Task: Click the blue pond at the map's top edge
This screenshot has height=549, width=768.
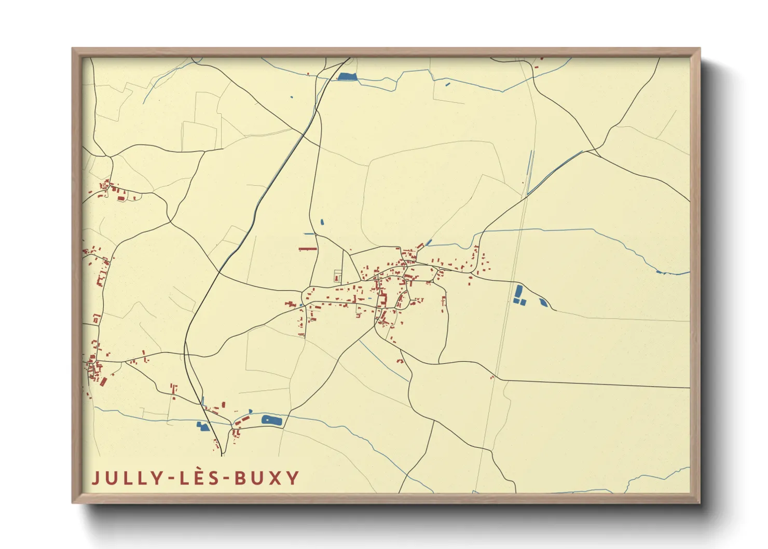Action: point(347,77)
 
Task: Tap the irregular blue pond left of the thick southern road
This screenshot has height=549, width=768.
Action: point(202,427)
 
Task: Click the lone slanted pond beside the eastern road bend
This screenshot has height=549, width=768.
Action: point(543,302)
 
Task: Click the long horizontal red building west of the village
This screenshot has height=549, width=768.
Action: point(308,249)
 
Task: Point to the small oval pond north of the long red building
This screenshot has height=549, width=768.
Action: point(322,222)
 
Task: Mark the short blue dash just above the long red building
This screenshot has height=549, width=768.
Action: point(309,234)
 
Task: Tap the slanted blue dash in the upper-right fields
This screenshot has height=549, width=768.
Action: point(448,84)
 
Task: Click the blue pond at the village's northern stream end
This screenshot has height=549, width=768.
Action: point(429,242)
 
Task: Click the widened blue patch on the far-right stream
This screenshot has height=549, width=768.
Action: point(659,271)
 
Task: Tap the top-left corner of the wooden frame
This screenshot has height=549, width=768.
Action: point(73,49)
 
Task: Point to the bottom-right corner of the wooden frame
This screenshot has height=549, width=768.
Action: point(700,502)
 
